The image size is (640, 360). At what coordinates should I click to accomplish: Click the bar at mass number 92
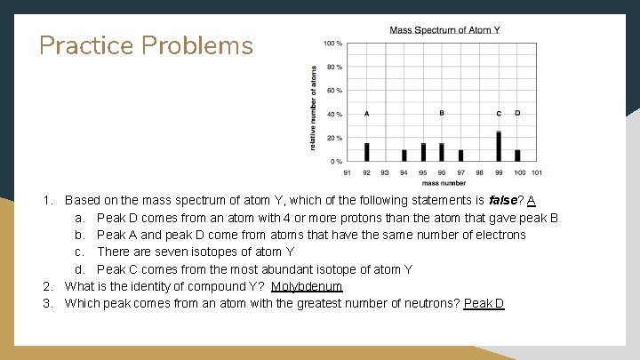(x=366, y=152)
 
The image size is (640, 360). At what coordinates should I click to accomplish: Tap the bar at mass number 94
(x=404, y=156)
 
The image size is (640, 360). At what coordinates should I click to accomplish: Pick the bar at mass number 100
(x=517, y=156)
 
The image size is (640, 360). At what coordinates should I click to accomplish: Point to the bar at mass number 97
(x=460, y=156)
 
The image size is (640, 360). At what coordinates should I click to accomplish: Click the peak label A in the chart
(x=366, y=114)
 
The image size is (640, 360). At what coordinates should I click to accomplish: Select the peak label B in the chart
(x=442, y=114)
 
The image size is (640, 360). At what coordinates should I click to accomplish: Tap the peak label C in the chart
(x=499, y=114)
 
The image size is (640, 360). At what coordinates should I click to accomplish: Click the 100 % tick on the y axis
(x=332, y=44)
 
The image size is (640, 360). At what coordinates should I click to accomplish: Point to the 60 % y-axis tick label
(x=334, y=91)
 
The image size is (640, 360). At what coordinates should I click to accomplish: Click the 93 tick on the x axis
(x=385, y=172)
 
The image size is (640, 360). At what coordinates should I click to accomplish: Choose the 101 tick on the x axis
(x=536, y=172)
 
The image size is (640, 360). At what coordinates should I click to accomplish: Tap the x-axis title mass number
(x=442, y=181)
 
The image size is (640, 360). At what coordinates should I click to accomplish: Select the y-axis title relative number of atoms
(x=313, y=107)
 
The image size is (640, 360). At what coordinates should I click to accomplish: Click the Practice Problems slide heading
(x=146, y=46)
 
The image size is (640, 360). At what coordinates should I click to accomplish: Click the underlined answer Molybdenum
(x=307, y=286)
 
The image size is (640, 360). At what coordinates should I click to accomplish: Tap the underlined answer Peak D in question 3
(x=484, y=303)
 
